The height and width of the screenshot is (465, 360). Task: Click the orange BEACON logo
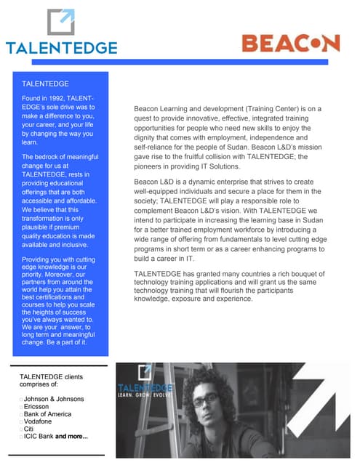point(290,42)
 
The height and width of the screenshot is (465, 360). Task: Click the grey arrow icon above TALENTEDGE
point(61,22)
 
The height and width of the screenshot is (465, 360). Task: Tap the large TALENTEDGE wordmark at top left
point(61,48)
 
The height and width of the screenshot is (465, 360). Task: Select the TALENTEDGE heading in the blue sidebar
point(45,84)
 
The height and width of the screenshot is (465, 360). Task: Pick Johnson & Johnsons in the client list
point(53,399)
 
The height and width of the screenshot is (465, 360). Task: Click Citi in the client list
point(30,429)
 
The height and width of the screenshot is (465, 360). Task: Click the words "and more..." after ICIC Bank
point(72,437)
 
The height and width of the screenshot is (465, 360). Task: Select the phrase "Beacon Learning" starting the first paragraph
point(159,109)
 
